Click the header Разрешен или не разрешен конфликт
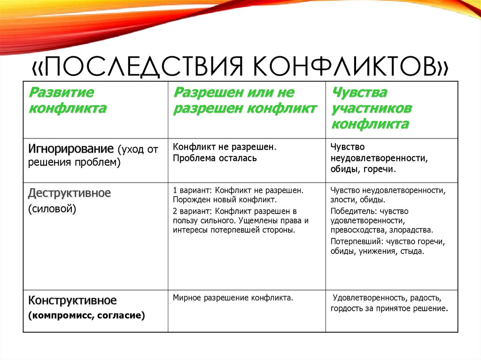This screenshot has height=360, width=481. coord(245,100)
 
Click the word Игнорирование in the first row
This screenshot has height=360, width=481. coord(71,150)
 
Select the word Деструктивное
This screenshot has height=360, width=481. coord(70,193)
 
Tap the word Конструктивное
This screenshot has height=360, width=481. coord(72,300)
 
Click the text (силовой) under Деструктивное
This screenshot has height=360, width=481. coord(52,208)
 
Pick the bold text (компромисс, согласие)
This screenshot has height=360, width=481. coord(86,315)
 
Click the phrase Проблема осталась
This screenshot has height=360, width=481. coord(215,158)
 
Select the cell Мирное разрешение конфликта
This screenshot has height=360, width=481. coord(233,298)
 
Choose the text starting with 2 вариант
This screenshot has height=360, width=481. coord(235,211)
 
